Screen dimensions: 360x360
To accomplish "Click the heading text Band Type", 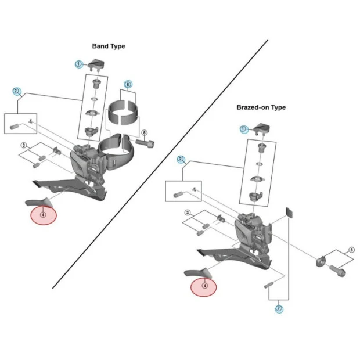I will click(x=109, y=46).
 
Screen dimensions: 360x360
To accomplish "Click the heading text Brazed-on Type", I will click(x=261, y=107).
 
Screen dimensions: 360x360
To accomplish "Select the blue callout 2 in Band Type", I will click(x=17, y=91).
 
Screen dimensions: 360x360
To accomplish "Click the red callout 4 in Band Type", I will click(x=44, y=215).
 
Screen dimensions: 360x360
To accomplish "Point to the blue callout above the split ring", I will click(x=128, y=84).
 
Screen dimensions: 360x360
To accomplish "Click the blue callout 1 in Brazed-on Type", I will click(x=244, y=128).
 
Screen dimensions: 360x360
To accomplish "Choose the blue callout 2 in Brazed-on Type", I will click(x=181, y=159).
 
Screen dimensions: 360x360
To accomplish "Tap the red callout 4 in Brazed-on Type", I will click(x=204, y=285).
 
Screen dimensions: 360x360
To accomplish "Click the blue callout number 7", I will click(x=279, y=309).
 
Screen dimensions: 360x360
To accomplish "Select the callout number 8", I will click(x=351, y=250).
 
